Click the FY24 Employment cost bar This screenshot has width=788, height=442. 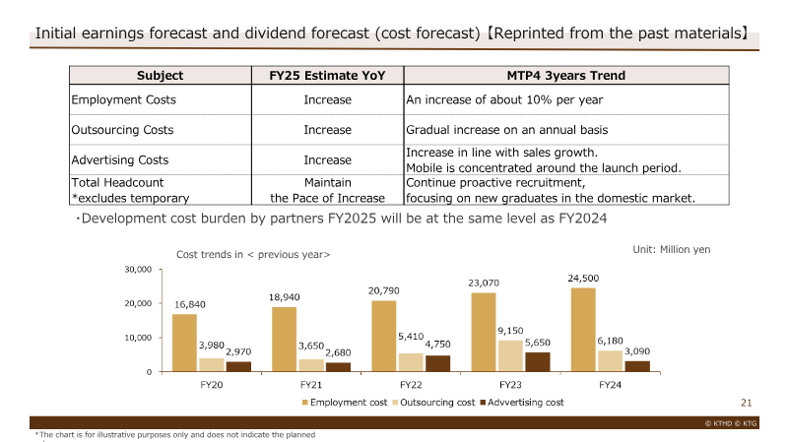pyautogui.click(x=583, y=330)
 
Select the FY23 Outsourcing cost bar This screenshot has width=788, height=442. pyautogui.click(x=510, y=356)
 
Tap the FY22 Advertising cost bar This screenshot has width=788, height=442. pyautogui.click(x=437, y=363)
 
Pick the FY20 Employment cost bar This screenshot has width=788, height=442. pyautogui.click(x=184, y=343)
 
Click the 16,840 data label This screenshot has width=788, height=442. pyautogui.click(x=190, y=304)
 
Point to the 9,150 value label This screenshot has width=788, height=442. pyautogui.click(x=510, y=331)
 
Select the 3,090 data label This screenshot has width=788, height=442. pyautogui.click(x=637, y=351)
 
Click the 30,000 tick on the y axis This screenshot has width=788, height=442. pyautogui.click(x=138, y=269)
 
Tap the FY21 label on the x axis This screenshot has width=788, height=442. pyautogui.click(x=311, y=385)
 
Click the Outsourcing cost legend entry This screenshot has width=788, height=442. pyautogui.click(x=433, y=403)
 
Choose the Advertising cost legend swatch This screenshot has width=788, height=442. pyautogui.click(x=483, y=403)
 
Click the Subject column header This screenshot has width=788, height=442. pyautogui.click(x=161, y=76)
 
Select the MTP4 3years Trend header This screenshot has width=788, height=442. pyautogui.click(x=565, y=76)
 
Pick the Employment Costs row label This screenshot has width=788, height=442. pyautogui.click(x=124, y=99)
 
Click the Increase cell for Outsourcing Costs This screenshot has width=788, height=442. pyautogui.click(x=328, y=130)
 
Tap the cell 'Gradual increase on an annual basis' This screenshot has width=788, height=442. pyautogui.click(x=507, y=130)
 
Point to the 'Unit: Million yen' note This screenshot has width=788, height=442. pyautogui.click(x=672, y=249)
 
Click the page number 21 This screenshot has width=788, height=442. pyautogui.click(x=747, y=403)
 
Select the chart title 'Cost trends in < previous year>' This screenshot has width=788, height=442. pyautogui.click(x=253, y=254)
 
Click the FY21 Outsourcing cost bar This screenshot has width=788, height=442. pyautogui.click(x=311, y=365)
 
